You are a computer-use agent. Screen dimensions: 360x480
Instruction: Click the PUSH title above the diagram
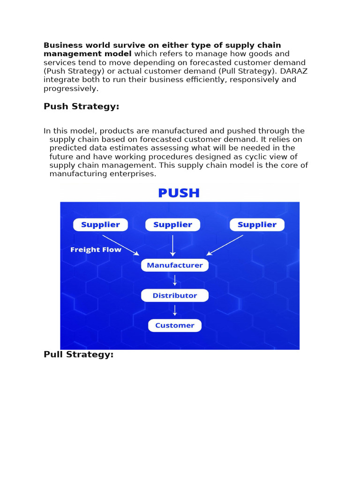tap(179, 193)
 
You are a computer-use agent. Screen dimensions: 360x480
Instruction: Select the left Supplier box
tap(100, 225)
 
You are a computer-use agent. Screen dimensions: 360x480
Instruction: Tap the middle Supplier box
tap(173, 225)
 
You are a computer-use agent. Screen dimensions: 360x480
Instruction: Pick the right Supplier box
tap(257, 225)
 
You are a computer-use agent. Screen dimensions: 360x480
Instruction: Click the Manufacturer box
tap(175, 265)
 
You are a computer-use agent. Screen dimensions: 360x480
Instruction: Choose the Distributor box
tap(175, 295)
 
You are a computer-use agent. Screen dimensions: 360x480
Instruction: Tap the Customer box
tap(175, 325)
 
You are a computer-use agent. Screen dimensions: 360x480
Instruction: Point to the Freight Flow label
tap(96, 250)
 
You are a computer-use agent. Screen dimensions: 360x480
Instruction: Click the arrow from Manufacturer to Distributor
tap(175, 280)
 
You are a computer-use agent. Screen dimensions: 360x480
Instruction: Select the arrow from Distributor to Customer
tap(175, 310)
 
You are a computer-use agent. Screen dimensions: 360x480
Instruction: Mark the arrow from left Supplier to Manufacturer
tap(121, 245)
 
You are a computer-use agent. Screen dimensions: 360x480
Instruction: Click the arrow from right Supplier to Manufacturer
tap(225, 245)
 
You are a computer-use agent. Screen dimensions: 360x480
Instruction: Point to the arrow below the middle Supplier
tap(173, 245)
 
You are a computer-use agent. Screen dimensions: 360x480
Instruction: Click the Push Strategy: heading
tap(81, 106)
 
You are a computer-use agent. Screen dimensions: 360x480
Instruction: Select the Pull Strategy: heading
tap(78, 354)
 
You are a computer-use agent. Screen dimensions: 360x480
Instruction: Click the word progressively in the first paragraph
tap(71, 88)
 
